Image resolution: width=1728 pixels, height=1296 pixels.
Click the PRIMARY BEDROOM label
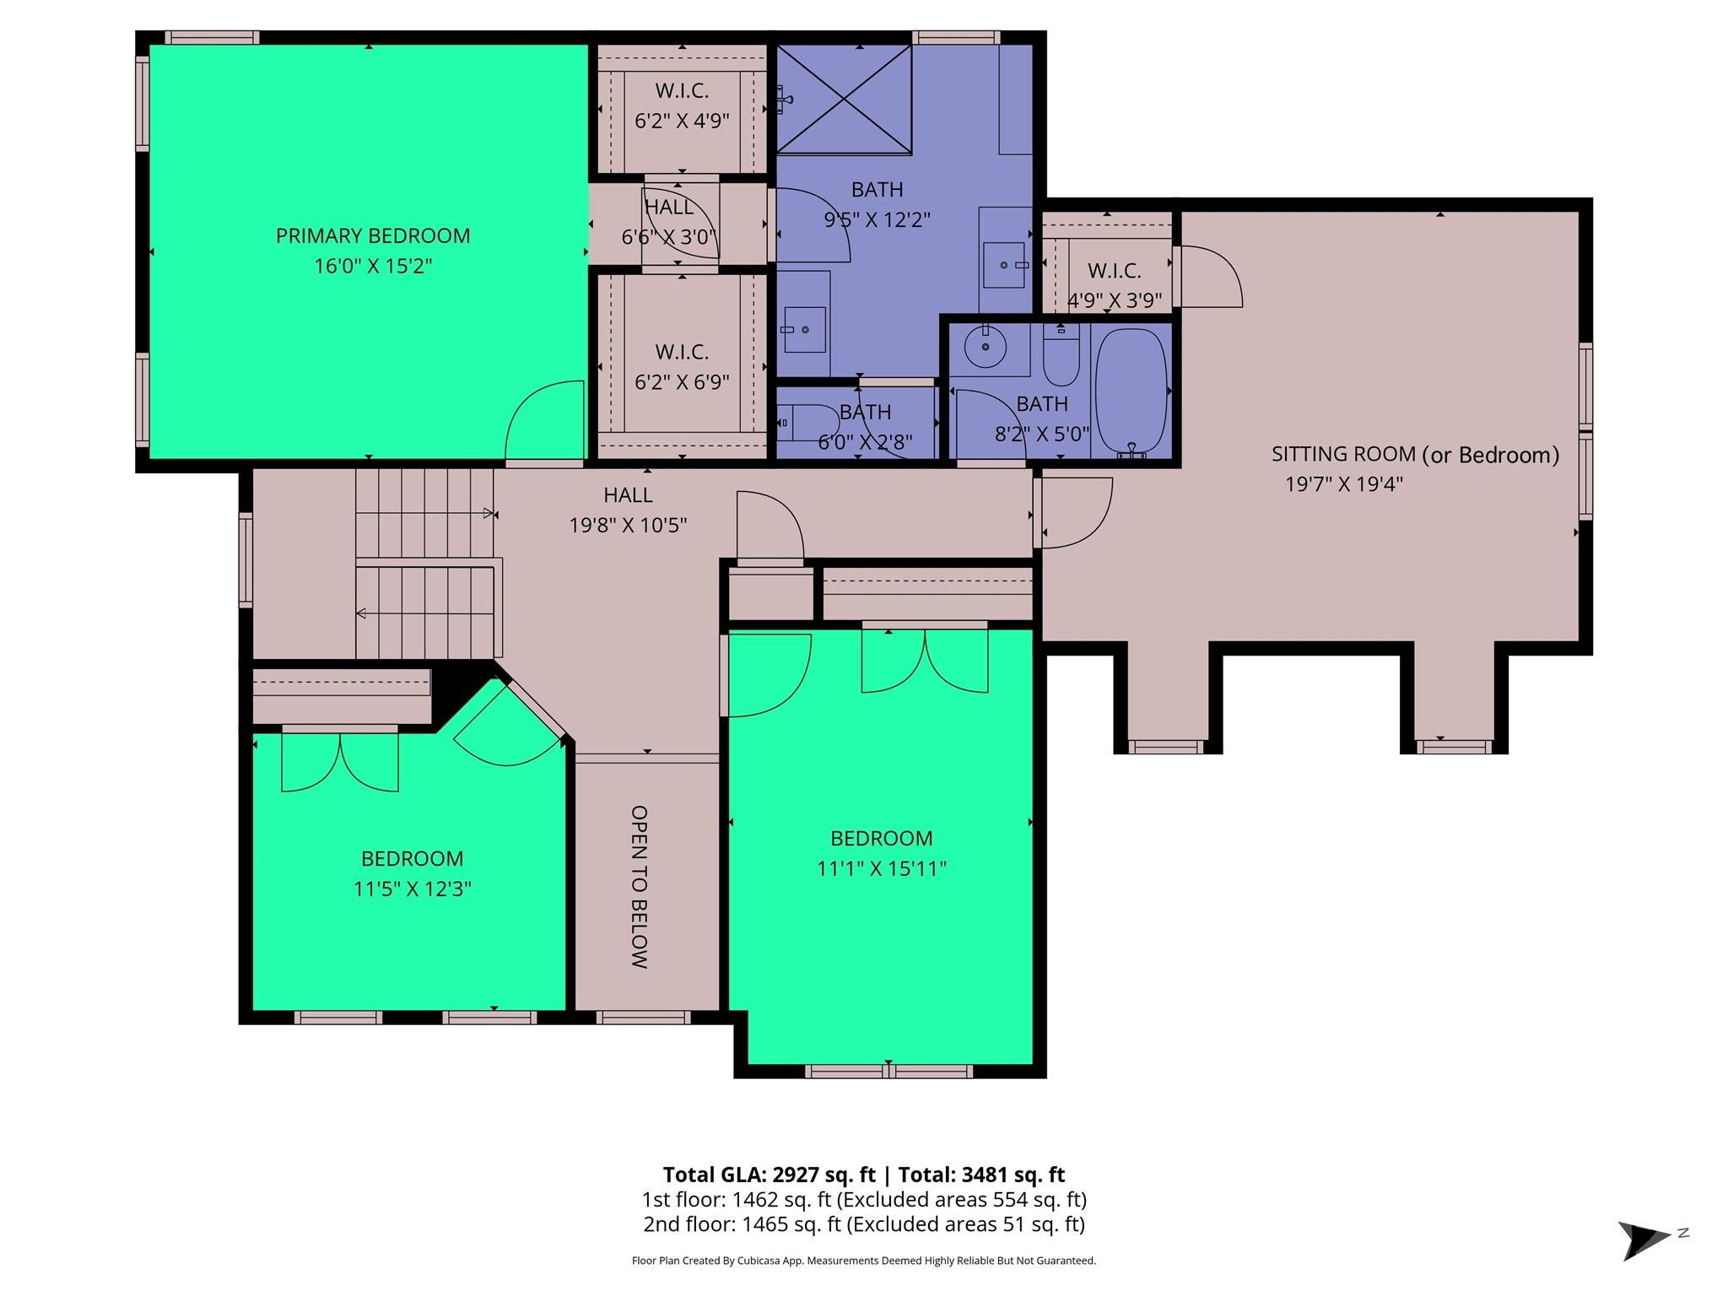click(373, 235)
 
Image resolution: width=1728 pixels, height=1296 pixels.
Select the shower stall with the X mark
click(844, 100)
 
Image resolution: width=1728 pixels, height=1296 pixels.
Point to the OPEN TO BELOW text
click(640, 886)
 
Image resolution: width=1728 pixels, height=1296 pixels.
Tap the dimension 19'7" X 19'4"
click(1343, 484)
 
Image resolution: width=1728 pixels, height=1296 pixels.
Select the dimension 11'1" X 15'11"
click(881, 868)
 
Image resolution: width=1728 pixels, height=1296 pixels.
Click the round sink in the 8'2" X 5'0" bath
click(985, 347)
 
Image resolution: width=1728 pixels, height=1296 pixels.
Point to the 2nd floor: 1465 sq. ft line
click(863, 1224)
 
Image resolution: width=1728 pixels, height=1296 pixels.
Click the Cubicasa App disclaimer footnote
click(863, 1261)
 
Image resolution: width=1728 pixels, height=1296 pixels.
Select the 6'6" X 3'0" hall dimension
click(668, 237)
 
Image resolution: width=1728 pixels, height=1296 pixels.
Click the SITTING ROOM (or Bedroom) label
click(1414, 455)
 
